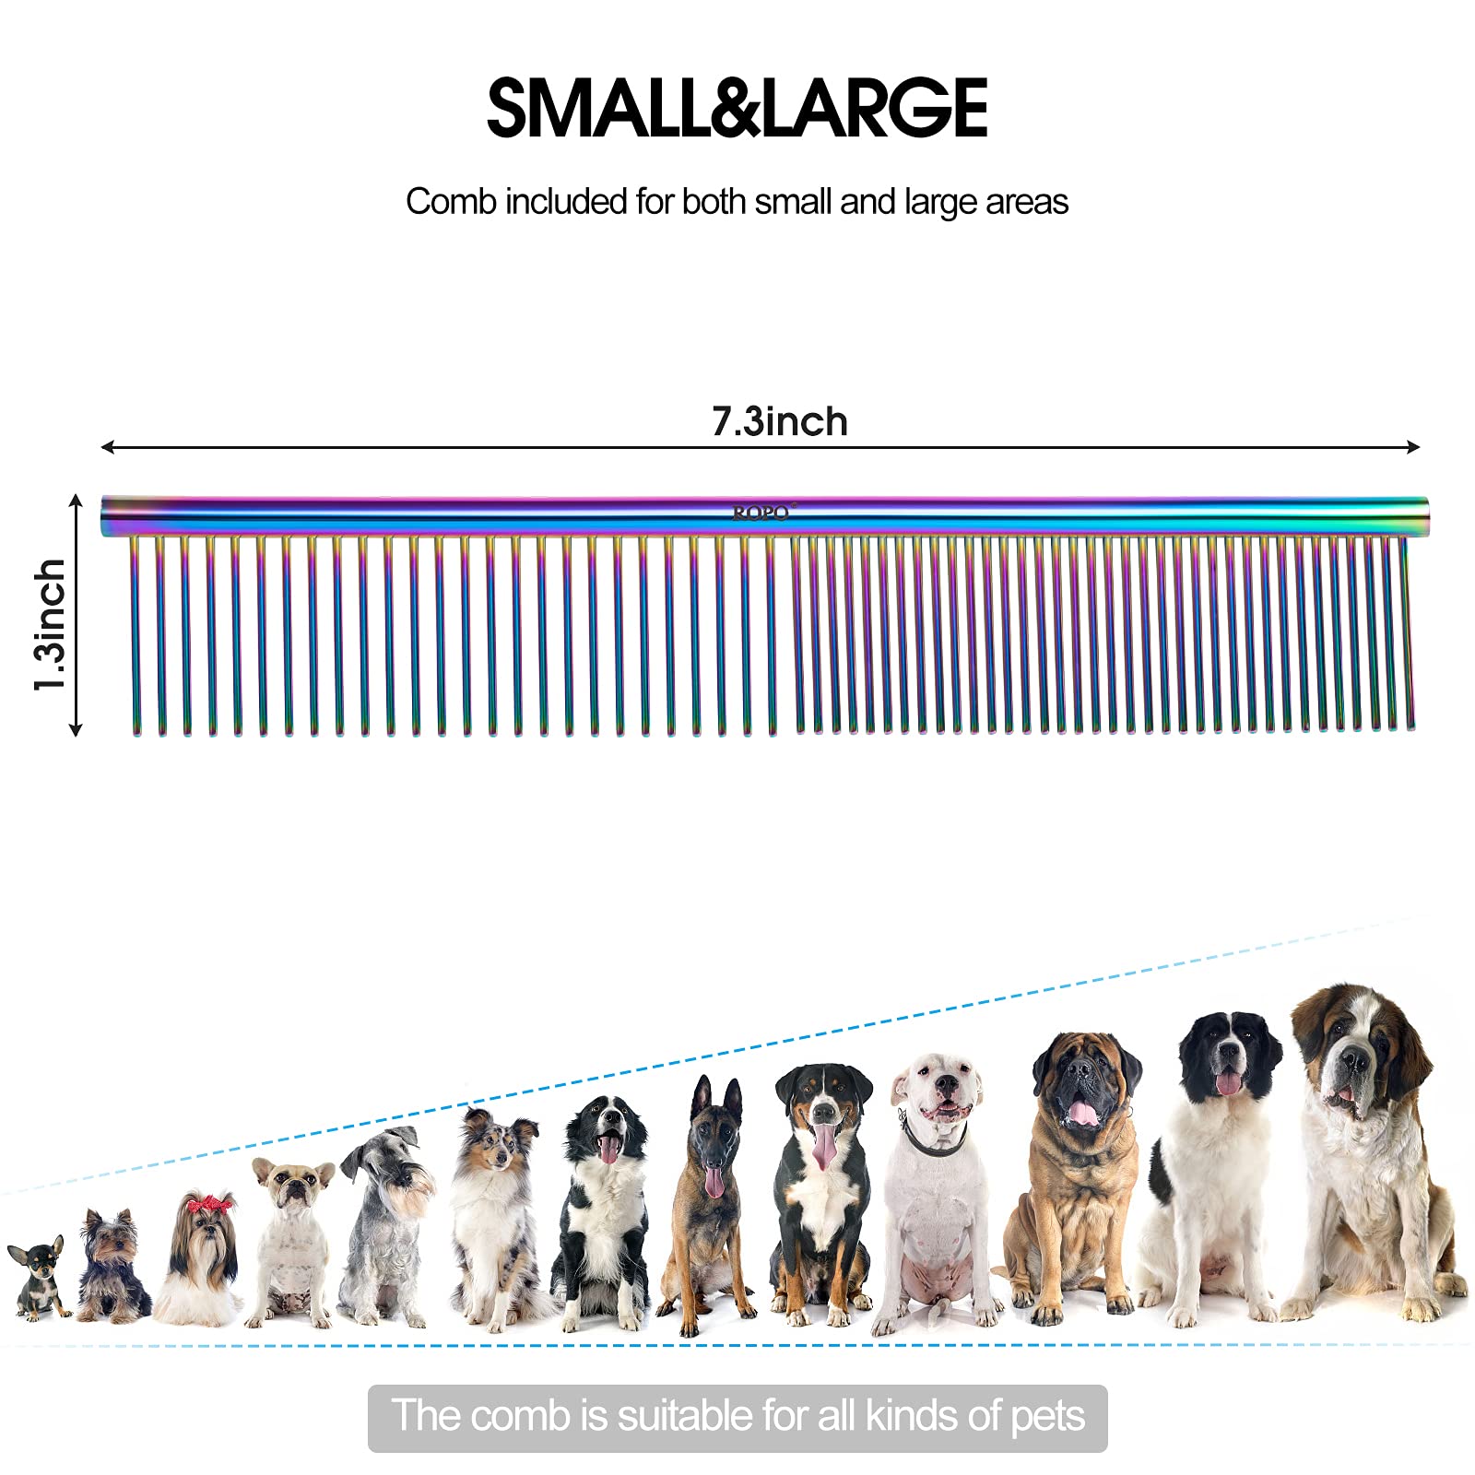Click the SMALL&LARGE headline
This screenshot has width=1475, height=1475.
[737, 108]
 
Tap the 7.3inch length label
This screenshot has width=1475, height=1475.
[779, 422]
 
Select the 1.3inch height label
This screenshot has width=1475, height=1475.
[51, 624]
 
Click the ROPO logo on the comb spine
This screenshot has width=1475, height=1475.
[761, 513]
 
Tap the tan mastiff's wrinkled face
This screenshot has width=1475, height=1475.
[1084, 1088]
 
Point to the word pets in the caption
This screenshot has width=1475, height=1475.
[1047, 1416]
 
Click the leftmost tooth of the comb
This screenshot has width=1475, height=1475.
[136, 636]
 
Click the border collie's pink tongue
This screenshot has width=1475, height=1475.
[609, 1150]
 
